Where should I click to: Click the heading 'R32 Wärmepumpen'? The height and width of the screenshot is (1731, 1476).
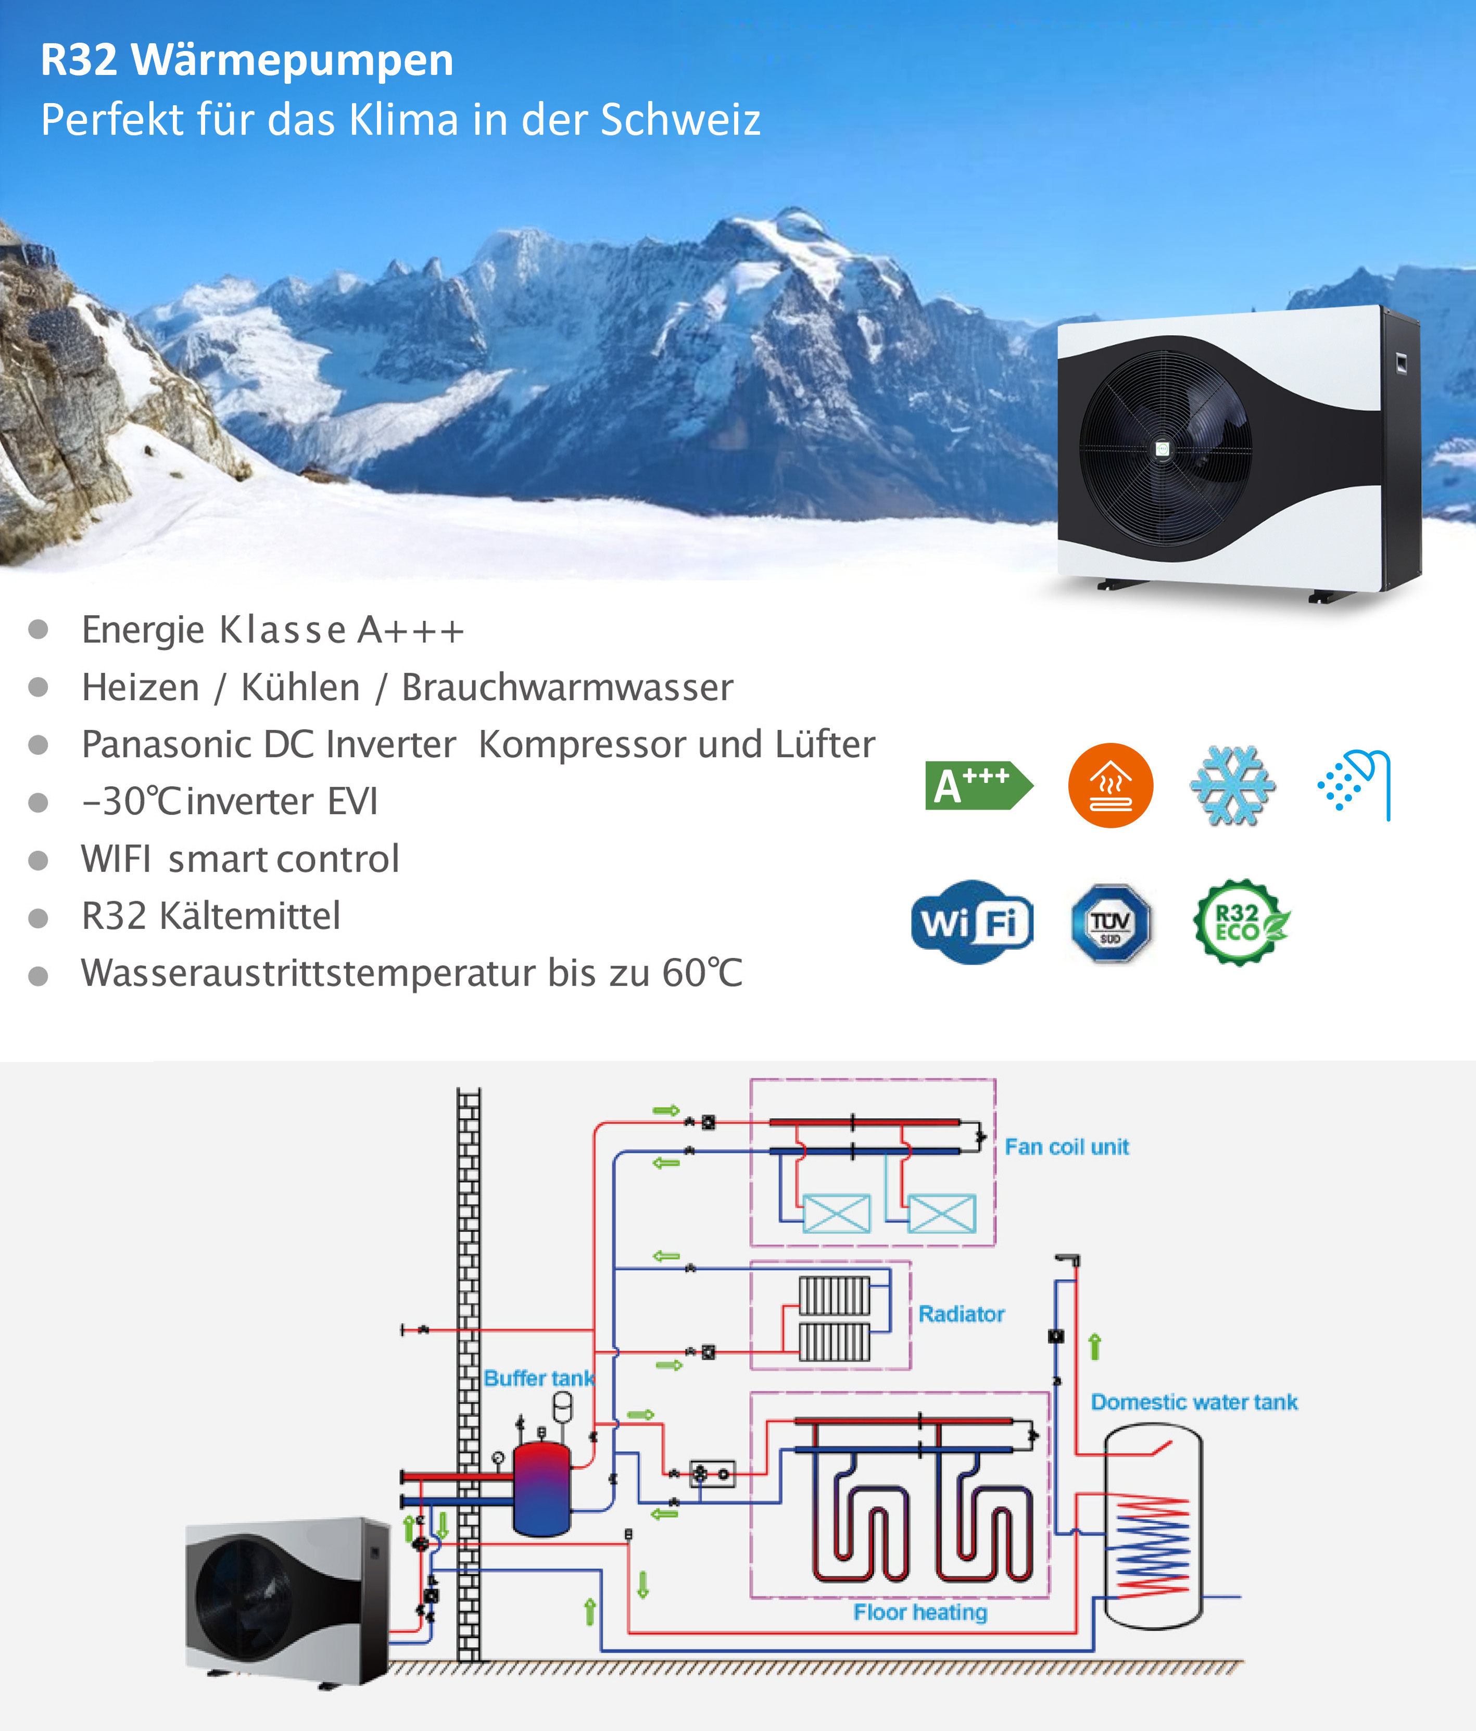coord(247,60)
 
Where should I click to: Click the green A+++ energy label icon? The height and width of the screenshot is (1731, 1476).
coord(977,785)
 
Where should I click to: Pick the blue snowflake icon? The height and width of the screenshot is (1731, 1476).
coord(1232,785)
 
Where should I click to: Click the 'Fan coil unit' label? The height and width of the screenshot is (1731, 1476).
coord(1067,1147)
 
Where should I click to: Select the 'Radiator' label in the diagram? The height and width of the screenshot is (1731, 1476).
coord(962,1314)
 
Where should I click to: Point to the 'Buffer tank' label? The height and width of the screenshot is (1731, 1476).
coord(539,1379)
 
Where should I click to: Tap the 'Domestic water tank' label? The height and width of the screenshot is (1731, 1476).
coord(1194,1402)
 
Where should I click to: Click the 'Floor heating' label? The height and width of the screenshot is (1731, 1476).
coord(919,1612)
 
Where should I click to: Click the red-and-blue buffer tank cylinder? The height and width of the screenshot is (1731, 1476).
coord(541,1489)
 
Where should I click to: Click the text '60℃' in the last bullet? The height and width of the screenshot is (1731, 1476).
coord(702,974)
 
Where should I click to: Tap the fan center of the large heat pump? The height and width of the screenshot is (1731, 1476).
coord(1163,449)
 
